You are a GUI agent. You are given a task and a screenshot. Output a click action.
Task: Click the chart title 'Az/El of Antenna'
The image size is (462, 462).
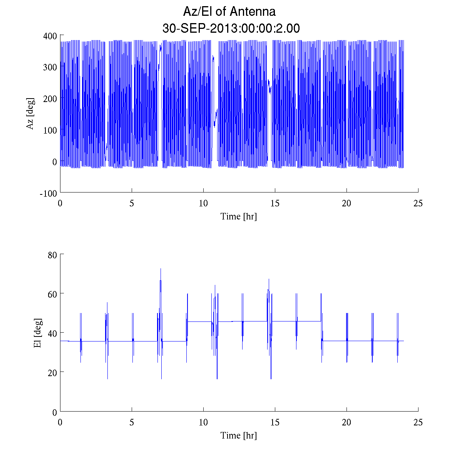coord(229,12)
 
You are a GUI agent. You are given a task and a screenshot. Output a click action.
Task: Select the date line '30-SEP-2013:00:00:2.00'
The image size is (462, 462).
coord(231,28)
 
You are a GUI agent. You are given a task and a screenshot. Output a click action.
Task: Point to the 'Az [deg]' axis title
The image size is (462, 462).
coord(30,114)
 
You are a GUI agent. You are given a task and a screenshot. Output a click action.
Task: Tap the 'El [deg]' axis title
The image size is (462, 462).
coord(37,333)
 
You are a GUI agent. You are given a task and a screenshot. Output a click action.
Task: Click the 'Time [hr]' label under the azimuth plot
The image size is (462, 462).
coord(239,216)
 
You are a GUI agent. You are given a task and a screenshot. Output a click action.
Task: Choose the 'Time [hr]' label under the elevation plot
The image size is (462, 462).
coord(239,435)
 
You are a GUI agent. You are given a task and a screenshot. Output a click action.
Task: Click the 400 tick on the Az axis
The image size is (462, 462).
coord(50,35)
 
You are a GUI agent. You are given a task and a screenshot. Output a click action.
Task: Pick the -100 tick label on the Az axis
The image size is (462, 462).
coord(49,193)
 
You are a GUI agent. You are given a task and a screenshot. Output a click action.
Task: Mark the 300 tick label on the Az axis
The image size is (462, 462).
coord(50,67)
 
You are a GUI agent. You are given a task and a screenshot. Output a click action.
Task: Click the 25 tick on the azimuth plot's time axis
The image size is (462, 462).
coord(418,203)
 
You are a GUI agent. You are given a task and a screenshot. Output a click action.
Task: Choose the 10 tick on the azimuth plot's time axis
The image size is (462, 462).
coord(203,203)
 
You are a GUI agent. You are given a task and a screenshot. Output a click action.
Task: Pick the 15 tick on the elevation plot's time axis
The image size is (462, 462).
coord(275,422)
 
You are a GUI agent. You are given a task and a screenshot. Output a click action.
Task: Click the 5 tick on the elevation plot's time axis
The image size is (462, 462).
coord(132,422)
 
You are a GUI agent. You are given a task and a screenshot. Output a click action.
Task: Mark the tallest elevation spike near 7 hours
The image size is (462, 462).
coord(161,269)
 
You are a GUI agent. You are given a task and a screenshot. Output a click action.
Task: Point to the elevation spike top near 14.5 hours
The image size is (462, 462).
coord(269,279)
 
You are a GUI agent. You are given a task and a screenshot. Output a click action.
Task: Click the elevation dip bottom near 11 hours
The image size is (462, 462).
coord(217,378)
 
